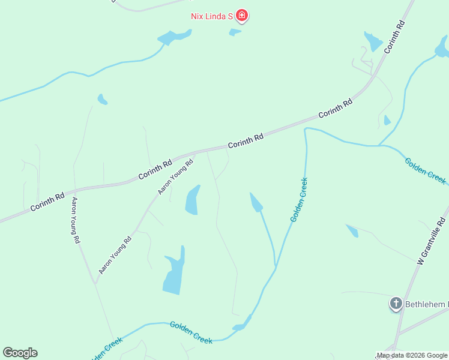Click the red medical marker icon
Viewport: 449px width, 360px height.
[x=242, y=16]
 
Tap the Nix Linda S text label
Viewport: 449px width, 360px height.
[x=211, y=16]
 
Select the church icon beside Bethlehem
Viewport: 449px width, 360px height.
[x=396, y=304]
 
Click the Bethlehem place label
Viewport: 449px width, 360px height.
[x=426, y=304]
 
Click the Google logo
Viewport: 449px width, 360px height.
[x=20, y=353]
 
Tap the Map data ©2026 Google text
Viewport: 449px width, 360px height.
[x=412, y=356]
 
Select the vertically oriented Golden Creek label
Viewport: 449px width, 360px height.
[x=299, y=200]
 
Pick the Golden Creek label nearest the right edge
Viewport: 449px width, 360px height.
[x=425, y=170]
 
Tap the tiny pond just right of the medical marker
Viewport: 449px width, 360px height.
[x=235, y=32]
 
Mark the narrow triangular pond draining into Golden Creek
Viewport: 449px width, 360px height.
[x=257, y=203]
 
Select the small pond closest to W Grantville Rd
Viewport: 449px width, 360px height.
[x=352, y=230]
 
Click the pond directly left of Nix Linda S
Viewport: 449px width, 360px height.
[x=173, y=37]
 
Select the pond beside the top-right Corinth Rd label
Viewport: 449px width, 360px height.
[x=373, y=41]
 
